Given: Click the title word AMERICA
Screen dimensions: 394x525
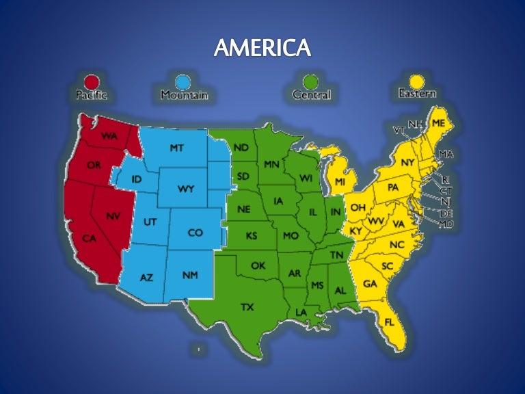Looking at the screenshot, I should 262,48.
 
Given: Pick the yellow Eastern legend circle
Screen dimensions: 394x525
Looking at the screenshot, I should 416,81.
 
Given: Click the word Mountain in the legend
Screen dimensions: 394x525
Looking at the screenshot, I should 184,95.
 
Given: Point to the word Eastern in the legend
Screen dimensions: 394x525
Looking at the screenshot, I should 417,93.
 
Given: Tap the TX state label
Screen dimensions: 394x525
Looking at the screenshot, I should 247,307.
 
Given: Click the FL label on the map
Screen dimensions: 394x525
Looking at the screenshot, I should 390,321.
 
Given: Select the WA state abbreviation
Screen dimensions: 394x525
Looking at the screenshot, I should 109,136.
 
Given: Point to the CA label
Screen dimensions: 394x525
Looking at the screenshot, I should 90,238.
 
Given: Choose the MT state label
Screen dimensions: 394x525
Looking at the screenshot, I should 176,148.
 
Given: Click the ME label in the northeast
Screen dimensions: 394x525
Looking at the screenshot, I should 438,122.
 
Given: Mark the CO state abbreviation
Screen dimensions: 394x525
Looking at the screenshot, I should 196,233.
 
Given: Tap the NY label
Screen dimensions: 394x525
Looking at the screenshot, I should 408,162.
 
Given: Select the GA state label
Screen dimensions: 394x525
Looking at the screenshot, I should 370,283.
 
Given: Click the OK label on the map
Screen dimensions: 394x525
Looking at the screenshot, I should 258,265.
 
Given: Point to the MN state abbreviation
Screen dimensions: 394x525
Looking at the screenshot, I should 271,165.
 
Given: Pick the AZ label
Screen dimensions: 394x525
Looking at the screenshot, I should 146,278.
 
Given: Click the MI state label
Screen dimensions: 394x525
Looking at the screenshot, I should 340,182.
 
